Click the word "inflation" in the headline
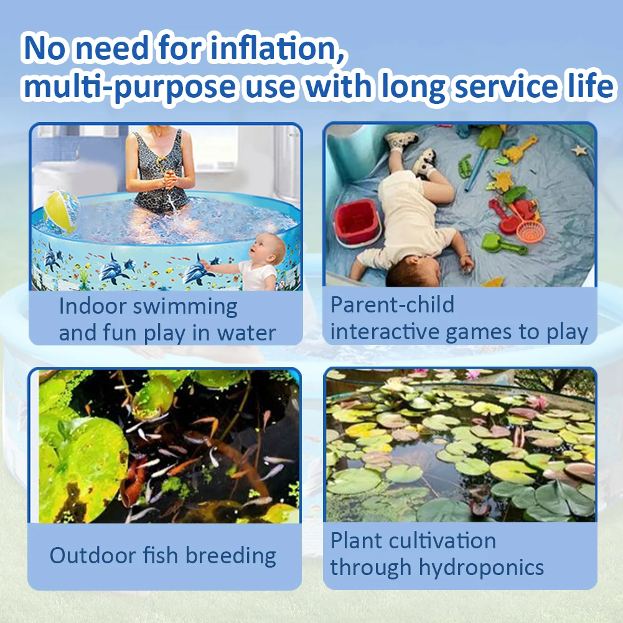[x=276, y=48]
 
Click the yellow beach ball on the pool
[x=61, y=212]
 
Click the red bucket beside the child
[x=356, y=222]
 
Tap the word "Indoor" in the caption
[x=93, y=306]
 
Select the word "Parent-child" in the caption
[x=392, y=305]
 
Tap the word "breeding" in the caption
[x=230, y=556]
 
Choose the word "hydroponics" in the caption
[x=481, y=568]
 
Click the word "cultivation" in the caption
[x=443, y=540]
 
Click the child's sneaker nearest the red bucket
[x=424, y=161]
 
